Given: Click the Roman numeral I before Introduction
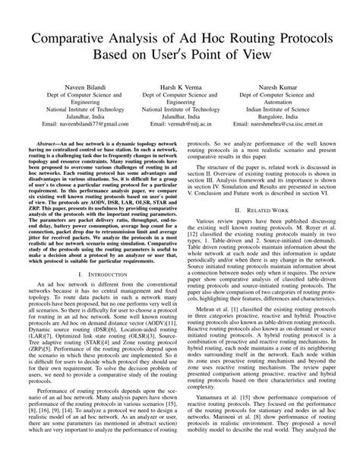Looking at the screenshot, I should click(71, 296).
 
